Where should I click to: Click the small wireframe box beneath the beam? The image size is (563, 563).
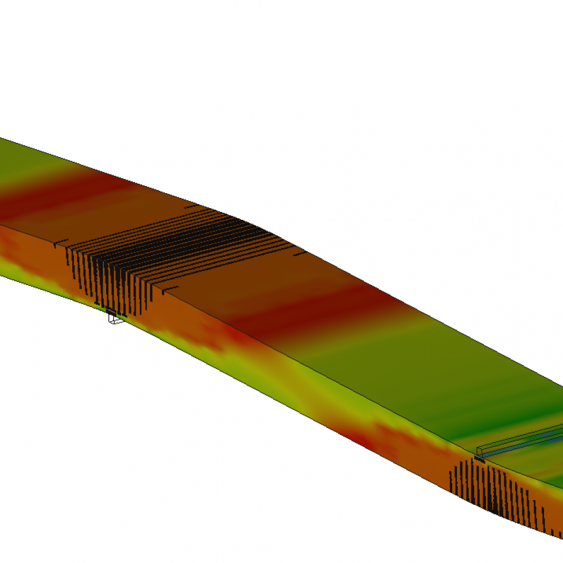click(x=116, y=319)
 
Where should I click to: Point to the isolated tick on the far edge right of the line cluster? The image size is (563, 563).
click(x=300, y=253)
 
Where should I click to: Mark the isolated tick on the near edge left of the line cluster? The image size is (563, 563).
click(x=58, y=244)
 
